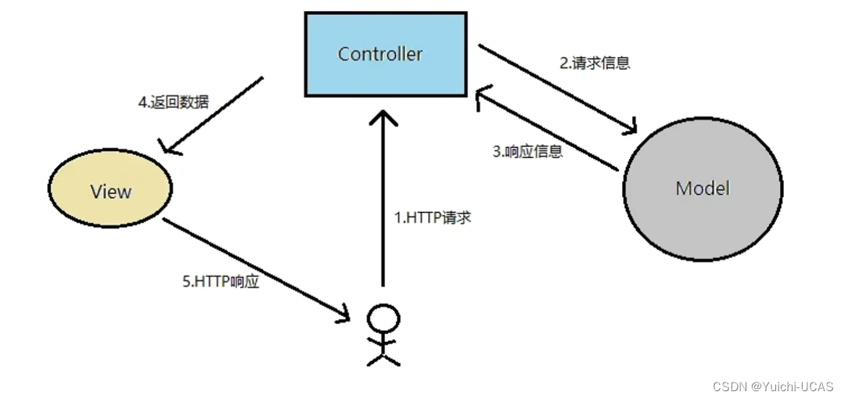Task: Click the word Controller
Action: pos(380,54)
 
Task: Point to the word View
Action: pos(110,191)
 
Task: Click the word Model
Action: pos(703,189)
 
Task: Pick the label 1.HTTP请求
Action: pos(433,217)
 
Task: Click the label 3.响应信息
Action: pos(528,152)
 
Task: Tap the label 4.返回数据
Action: pos(174,102)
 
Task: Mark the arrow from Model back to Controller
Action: pos(548,130)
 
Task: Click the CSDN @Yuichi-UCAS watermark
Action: pos(773,386)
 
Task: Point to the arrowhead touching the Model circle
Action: pos(631,128)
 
